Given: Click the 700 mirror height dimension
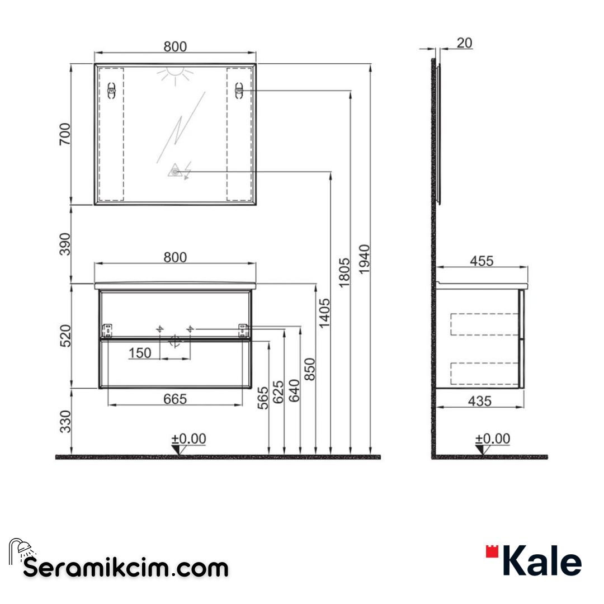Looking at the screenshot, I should [65, 134].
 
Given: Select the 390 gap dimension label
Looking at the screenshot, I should [65, 244].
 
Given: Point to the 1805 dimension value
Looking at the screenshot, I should [344, 272].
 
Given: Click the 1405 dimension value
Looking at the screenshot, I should [324, 313].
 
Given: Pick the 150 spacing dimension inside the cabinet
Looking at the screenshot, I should [140, 353].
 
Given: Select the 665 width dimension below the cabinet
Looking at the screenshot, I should [174, 399].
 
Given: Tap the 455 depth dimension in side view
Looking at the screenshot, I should [482, 261].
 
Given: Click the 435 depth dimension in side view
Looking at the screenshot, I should [480, 400].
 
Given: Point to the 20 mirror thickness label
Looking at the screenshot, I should [464, 43].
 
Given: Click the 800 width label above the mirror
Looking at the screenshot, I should [174, 47].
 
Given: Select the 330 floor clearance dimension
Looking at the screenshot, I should [65, 421].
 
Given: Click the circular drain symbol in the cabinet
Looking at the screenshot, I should [174, 342].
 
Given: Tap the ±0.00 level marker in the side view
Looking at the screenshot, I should [492, 440].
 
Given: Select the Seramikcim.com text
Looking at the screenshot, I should [126, 568].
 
